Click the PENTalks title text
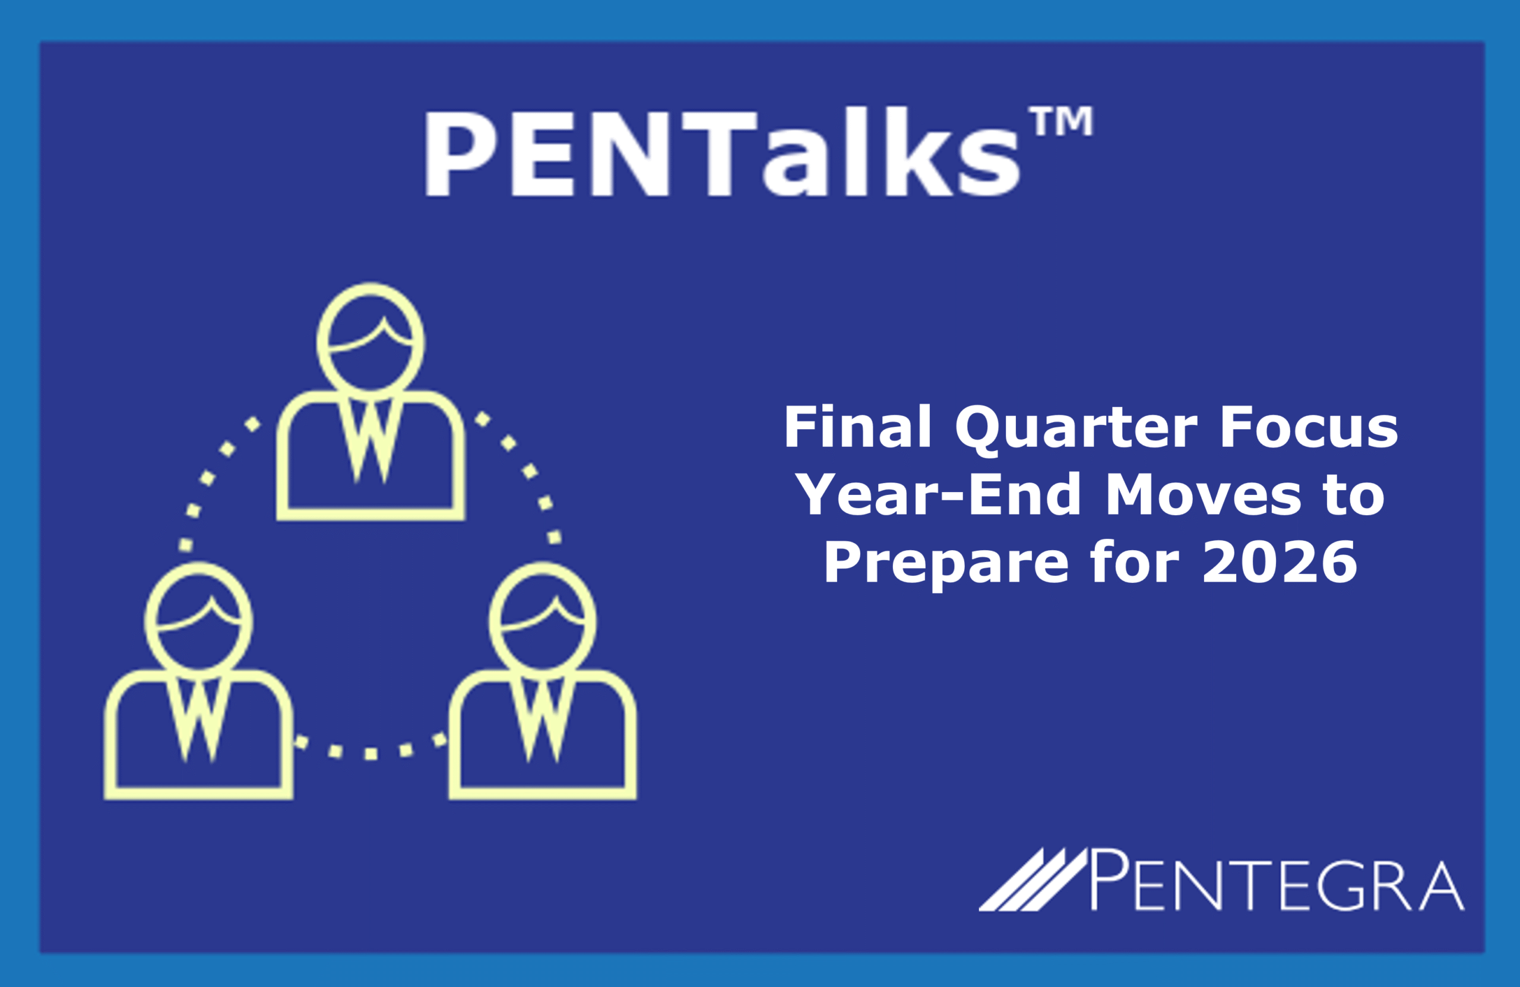pyautogui.click(x=721, y=153)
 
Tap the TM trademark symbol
pyautogui.click(x=1061, y=120)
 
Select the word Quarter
pyautogui.click(x=1076, y=430)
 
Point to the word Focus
pyautogui.click(x=1309, y=427)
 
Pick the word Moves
pyautogui.click(x=1202, y=494)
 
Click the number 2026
pyautogui.click(x=1280, y=561)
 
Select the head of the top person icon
pyautogui.click(x=370, y=339)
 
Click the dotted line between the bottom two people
pyautogui.click(x=370, y=754)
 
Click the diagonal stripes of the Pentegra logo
pyautogui.click(x=1033, y=879)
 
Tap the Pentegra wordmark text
pyautogui.click(x=1277, y=880)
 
